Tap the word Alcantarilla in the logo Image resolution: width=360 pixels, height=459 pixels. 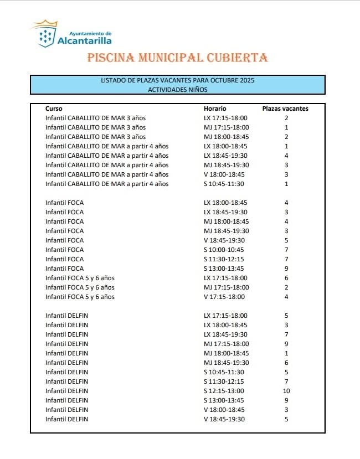(84, 40)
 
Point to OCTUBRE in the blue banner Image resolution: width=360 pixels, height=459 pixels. (222, 80)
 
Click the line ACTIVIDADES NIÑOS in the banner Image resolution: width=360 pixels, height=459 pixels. (178, 89)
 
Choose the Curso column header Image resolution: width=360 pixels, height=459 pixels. (54, 109)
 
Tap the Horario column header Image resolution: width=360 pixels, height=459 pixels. (215, 109)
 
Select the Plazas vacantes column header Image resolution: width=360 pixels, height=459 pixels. (285, 109)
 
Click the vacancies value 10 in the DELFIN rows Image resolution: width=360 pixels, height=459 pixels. (286, 391)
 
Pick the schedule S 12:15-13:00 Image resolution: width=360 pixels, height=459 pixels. (224, 391)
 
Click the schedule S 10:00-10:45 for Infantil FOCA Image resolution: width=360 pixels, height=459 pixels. (224, 250)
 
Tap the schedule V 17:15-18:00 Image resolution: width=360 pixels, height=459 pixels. (224, 297)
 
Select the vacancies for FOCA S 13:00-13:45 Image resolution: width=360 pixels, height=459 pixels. (286, 269)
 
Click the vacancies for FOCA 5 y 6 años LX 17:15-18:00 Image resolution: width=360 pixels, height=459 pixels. (286, 278)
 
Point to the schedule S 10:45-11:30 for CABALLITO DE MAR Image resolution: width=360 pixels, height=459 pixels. (224, 184)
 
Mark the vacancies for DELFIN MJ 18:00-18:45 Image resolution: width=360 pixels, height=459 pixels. (286, 353)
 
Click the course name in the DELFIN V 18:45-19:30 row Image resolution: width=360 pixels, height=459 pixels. (66, 419)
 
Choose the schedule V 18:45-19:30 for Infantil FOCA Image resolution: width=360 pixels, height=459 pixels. (224, 240)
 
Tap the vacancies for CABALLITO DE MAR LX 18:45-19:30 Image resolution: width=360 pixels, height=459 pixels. (286, 156)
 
